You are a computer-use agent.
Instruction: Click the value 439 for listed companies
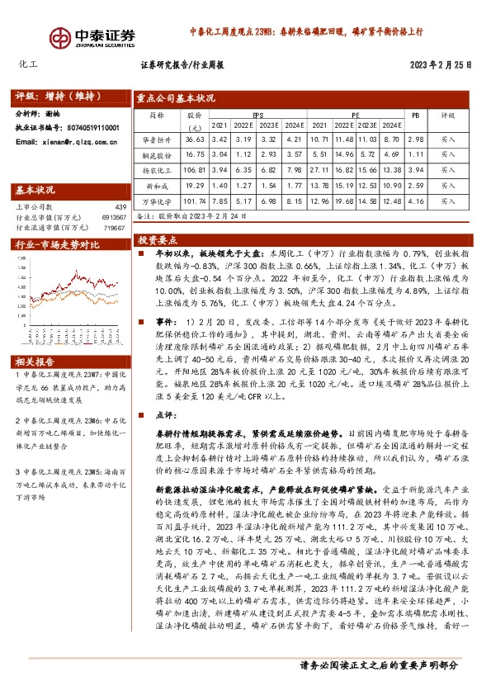(120, 206)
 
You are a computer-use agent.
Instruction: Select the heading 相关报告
(35, 338)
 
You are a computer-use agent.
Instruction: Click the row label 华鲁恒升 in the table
(161, 140)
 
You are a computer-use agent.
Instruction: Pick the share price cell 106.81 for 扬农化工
(195, 168)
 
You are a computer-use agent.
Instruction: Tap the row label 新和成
(161, 185)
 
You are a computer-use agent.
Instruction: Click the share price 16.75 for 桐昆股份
(195, 154)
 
